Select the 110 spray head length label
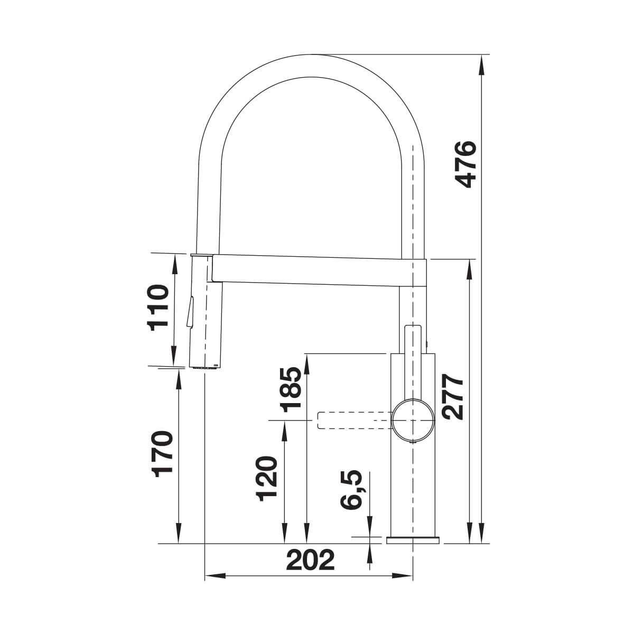pos(157,308)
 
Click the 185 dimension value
pos(291,390)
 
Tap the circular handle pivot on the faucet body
pos(413,421)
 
